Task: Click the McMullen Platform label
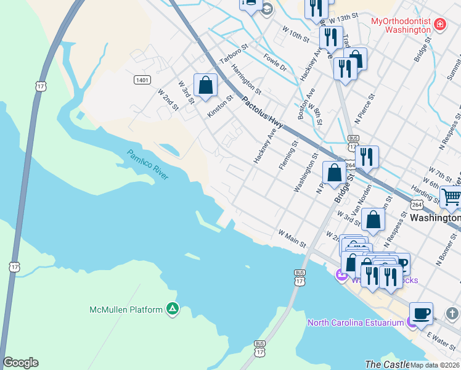[x=126, y=309]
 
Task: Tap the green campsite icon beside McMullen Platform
[x=173, y=309]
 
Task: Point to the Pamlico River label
[x=148, y=165]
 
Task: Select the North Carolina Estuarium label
[x=355, y=323]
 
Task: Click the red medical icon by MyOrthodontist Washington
[x=440, y=25]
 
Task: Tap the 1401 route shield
[x=142, y=80]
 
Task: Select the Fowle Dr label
[x=274, y=63]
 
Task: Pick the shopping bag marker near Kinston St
[x=206, y=85]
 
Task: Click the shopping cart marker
[x=451, y=197]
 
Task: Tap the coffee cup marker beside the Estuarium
[x=422, y=313]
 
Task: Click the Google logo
[x=20, y=363]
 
